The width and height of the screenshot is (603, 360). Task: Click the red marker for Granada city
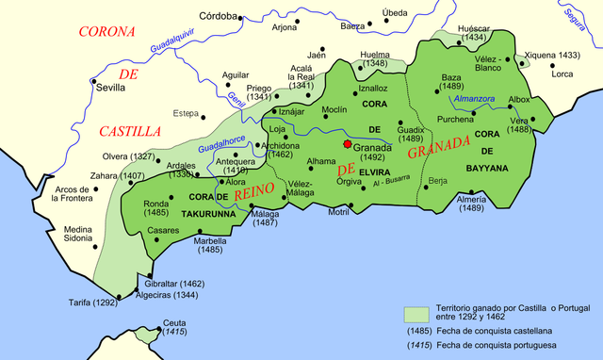348,144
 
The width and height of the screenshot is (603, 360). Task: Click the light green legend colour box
416,314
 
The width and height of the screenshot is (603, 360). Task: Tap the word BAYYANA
486,168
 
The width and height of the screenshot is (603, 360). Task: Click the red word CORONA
107,31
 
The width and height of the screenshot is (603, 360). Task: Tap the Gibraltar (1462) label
175,284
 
